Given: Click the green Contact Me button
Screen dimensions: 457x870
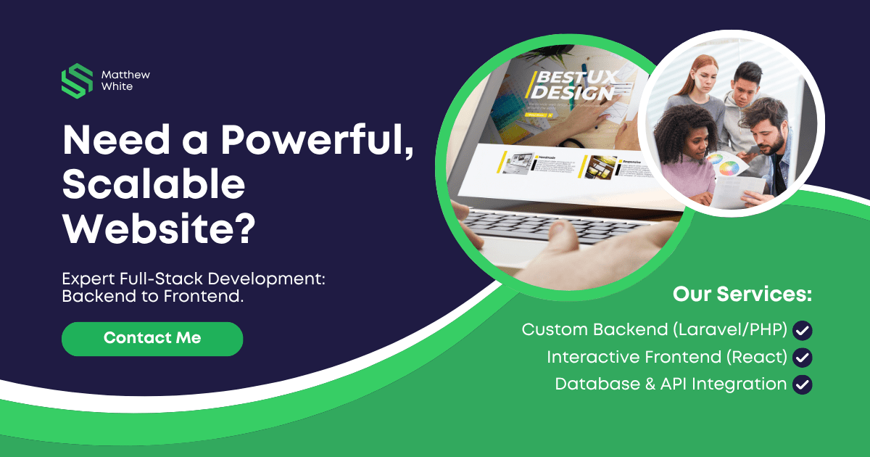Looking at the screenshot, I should [x=152, y=338].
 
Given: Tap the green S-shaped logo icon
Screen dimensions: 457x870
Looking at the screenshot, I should [x=77, y=81].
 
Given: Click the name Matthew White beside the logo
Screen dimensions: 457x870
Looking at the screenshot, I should [x=126, y=81].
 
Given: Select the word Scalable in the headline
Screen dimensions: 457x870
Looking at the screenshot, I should [x=153, y=186].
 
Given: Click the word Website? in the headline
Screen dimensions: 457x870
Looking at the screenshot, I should [x=159, y=228].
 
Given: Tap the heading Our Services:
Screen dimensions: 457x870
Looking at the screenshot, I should [x=742, y=295].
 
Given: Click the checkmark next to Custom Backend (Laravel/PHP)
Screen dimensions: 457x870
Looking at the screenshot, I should [x=803, y=331].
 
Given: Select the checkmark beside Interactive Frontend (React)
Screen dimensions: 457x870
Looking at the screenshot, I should [x=803, y=358].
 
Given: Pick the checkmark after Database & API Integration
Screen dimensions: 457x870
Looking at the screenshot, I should [x=803, y=384].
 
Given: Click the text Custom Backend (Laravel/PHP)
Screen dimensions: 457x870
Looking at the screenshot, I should [x=654, y=330].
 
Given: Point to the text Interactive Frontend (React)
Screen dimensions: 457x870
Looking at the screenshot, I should [x=667, y=357].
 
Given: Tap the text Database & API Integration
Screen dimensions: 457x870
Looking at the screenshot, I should [x=671, y=384].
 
